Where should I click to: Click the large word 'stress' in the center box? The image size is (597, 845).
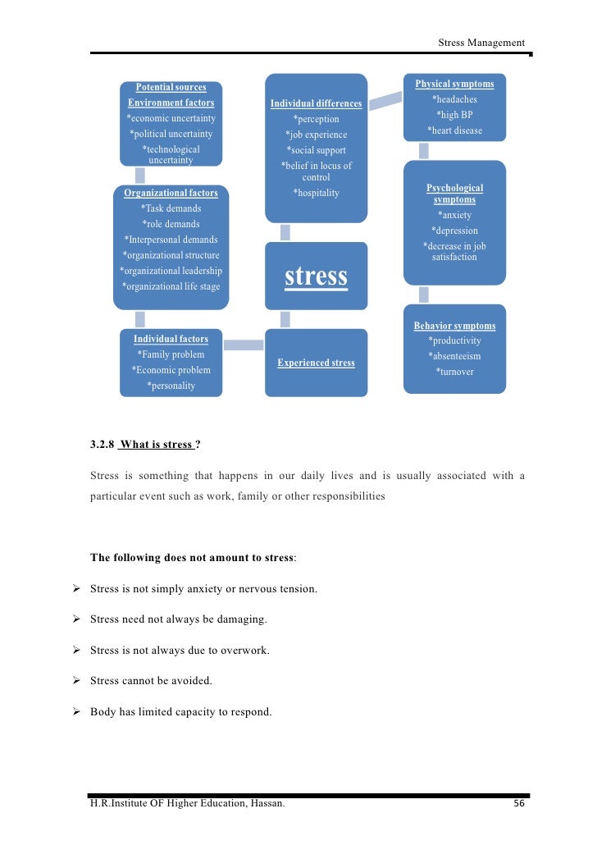point(316,276)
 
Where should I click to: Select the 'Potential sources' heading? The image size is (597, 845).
point(171,87)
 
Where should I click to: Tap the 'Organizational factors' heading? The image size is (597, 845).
point(171,194)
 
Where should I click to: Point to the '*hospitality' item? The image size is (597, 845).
point(316,193)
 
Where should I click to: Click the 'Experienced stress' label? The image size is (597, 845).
point(316,363)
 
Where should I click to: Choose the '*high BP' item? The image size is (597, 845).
point(454,115)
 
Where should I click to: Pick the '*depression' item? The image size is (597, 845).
point(454,231)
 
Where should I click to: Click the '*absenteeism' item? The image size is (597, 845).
point(454,356)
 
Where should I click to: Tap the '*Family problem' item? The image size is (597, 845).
point(171,354)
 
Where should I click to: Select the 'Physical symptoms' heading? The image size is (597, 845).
point(454,84)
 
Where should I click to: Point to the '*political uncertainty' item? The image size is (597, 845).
point(171,134)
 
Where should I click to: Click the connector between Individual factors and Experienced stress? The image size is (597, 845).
point(244,345)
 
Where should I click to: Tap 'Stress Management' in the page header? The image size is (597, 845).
point(481,43)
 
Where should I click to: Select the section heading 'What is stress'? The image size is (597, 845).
point(157,445)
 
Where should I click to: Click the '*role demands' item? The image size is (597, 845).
point(171,224)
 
